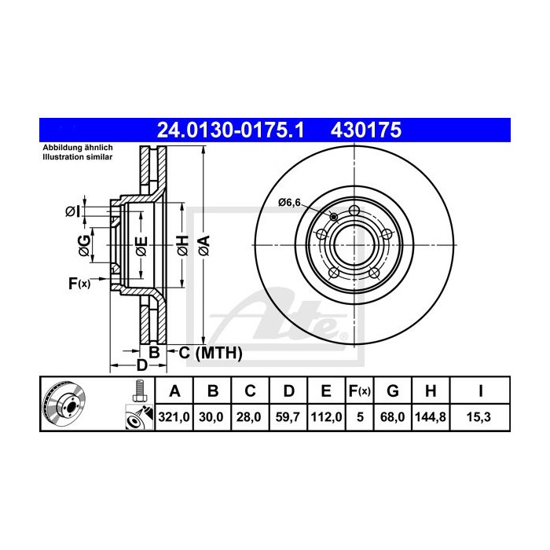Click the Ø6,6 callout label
[x=289, y=202]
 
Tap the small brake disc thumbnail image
[x=65, y=405]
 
